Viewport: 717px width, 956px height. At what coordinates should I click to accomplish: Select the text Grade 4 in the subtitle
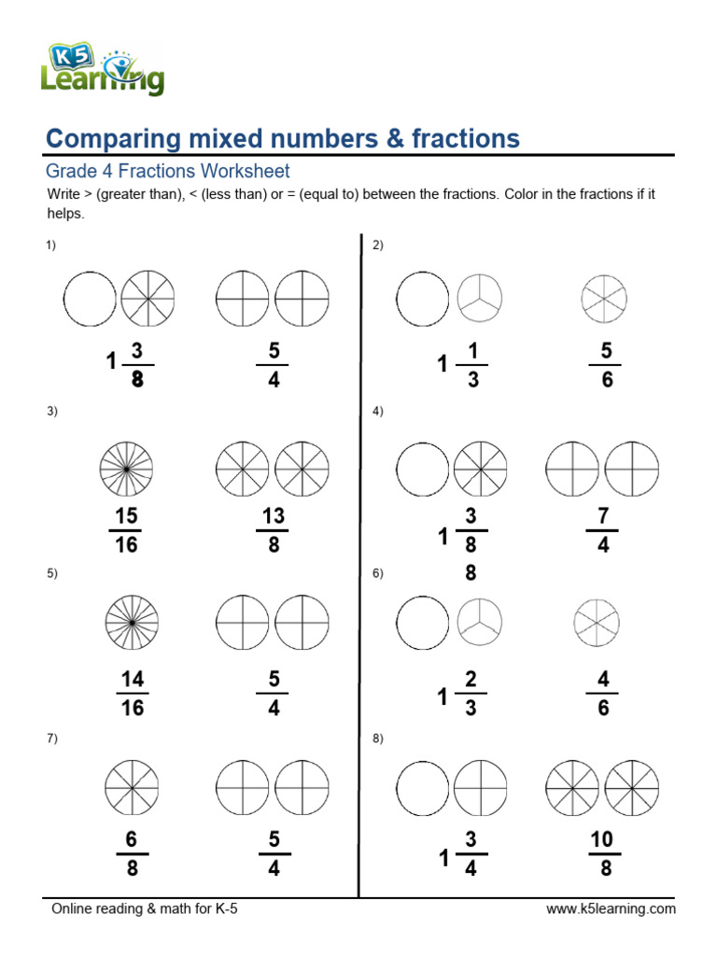click(79, 172)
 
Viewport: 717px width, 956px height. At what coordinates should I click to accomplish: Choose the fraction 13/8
click(273, 530)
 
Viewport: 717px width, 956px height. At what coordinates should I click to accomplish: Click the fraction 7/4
click(602, 530)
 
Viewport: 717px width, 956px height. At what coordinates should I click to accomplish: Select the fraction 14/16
click(133, 694)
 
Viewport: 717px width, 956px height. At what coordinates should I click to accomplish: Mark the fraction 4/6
click(603, 694)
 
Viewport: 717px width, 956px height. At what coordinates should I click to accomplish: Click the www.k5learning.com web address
click(611, 909)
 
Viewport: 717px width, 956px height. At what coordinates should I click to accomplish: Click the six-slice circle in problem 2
click(603, 300)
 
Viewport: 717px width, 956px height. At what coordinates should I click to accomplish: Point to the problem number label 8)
click(378, 738)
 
